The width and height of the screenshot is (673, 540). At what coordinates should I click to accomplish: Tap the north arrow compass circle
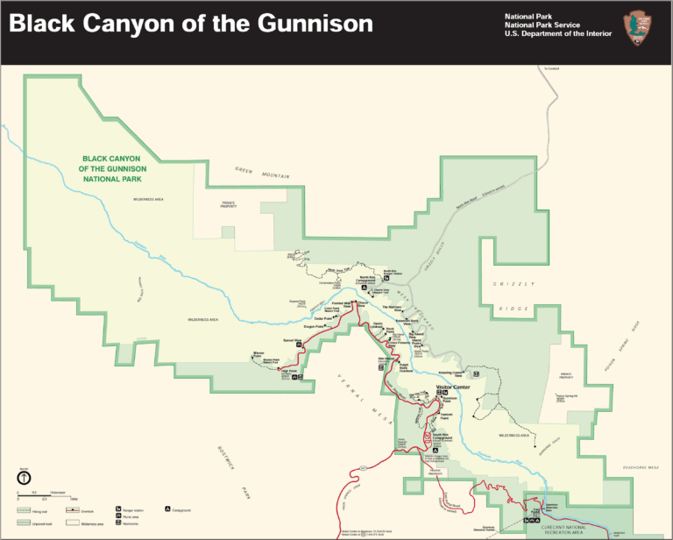click(24, 478)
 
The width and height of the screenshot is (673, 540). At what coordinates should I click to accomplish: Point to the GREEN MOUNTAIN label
click(262, 173)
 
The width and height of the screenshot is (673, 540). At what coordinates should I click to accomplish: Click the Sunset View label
click(292, 338)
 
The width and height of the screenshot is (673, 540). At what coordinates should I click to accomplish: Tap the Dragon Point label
click(314, 327)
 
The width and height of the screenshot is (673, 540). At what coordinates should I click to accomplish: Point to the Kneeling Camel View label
click(450, 373)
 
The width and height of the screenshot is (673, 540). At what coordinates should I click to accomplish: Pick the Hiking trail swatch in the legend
click(24, 508)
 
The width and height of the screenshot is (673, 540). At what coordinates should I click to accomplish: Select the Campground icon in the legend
click(166, 508)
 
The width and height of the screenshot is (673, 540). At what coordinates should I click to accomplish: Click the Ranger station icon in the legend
click(118, 508)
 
